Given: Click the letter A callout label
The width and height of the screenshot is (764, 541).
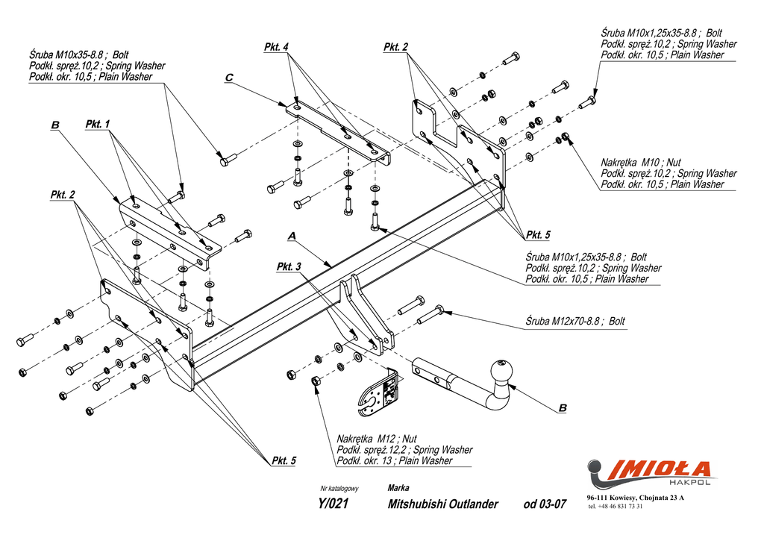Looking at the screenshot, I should (292, 236).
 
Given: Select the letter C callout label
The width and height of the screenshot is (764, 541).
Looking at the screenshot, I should (229, 78).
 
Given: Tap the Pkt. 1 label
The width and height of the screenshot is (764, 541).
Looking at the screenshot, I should (98, 124).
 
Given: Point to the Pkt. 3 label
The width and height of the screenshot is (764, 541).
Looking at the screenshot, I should (289, 266).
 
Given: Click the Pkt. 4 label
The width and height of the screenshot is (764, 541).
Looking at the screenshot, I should (276, 48).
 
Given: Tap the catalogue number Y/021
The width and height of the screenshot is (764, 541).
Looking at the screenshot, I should (334, 504).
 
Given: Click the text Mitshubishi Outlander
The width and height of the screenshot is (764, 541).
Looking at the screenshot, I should (442, 504).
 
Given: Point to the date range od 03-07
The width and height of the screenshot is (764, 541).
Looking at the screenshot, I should (545, 504).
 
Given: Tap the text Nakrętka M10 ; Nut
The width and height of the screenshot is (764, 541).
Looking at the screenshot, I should (641, 163).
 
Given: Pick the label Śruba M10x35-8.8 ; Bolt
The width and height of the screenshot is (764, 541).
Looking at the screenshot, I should (78, 55).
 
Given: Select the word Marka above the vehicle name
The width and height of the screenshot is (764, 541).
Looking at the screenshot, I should (398, 488).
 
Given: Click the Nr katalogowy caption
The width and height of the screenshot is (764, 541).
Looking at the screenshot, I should (339, 489).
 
